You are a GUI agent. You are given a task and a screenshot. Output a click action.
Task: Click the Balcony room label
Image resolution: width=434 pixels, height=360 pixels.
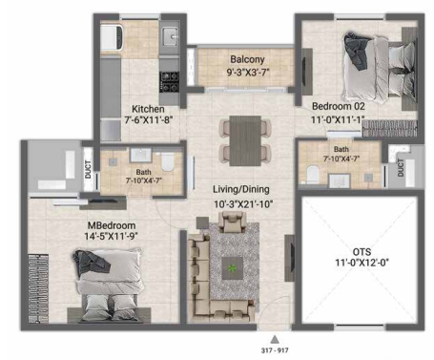pos(247,59)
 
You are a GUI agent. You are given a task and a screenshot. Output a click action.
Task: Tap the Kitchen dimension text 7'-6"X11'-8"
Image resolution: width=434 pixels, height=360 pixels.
pos(148,120)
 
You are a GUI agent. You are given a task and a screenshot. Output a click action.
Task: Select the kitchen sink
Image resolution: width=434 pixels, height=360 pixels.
pos(170,36)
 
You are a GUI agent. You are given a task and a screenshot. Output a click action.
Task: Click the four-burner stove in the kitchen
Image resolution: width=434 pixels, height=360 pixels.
pos(169,82)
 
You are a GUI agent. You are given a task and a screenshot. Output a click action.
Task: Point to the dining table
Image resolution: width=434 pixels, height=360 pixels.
pos(245,140)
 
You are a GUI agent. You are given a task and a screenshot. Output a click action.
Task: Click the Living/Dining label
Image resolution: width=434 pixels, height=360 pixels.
pos(241,189)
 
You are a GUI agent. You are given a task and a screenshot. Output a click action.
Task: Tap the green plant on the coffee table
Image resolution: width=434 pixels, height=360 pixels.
pos(232,268)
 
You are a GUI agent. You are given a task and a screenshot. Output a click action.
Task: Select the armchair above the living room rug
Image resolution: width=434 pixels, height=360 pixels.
pos(232,222)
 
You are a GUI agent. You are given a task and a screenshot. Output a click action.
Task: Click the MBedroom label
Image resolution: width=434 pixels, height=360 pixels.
pos(112,225)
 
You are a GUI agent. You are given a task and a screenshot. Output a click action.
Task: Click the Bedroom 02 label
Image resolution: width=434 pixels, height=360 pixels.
pos(339,106)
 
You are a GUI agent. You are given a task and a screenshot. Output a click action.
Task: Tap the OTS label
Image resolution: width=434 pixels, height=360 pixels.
pos(362,252)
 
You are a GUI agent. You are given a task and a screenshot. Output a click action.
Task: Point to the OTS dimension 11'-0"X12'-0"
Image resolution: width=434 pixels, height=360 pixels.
pos(362,263)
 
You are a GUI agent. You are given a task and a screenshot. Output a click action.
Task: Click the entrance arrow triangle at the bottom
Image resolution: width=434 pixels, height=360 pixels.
pos(275,339)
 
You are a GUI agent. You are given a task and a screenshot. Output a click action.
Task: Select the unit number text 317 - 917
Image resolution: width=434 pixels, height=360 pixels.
pos(275,350)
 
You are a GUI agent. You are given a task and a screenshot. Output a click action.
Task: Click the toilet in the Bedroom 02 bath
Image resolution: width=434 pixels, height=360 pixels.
pos(313,174)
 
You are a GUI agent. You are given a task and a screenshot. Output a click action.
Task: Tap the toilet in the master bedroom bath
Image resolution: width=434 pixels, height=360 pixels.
pos(168,161)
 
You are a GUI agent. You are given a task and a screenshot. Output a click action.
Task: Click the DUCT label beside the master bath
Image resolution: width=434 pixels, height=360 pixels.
pos(88,169)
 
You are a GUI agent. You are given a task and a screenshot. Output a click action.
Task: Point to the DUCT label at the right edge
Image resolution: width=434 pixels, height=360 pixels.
pos(401,168)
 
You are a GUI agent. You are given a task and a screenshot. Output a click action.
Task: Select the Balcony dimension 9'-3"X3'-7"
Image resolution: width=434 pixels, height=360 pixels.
pos(248,72)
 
